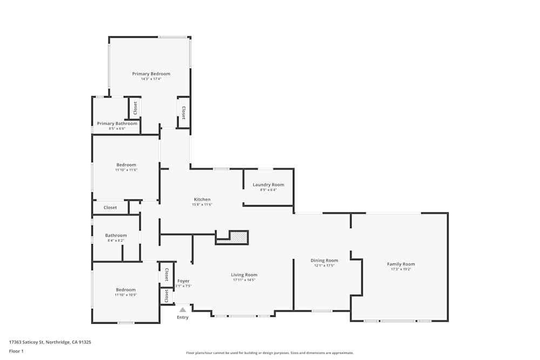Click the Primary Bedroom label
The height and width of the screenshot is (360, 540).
click(x=151, y=73)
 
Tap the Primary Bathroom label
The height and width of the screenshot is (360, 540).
click(x=117, y=124)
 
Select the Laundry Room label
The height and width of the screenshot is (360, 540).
click(x=268, y=185)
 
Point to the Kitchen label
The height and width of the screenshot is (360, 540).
click(x=202, y=199)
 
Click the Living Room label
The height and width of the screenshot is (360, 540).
click(x=244, y=275)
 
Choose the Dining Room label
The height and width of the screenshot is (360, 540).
click(x=324, y=260)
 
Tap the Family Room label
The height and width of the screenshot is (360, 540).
click(x=401, y=264)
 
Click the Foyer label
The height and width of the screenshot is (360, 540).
click(x=184, y=281)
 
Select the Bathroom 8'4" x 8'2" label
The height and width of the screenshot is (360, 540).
click(x=116, y=235)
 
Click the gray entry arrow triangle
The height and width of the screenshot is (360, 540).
click(x=183, y=310)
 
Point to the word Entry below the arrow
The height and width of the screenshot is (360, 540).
click(x=183, y=317)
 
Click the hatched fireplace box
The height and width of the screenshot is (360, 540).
click(x=239, y=237)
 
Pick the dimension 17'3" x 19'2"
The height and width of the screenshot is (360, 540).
click(x=401, y=269)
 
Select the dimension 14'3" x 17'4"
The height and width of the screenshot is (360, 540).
click(x=151, y=79)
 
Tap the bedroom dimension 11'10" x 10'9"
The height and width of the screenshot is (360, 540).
click(x=125, y=295)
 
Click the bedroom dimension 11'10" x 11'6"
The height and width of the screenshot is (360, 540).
click(x=126, y=170)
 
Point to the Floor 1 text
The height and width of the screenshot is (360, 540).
click(x=16, y=351)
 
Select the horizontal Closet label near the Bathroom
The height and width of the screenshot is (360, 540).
click(x=110, y=207)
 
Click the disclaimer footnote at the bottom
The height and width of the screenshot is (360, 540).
click(x=270, y=352)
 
